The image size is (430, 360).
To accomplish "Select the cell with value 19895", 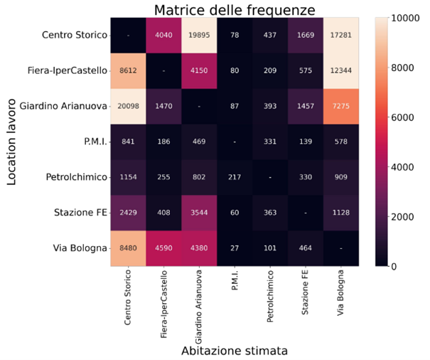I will [200, 35].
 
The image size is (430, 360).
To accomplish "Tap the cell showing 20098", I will [127, 105].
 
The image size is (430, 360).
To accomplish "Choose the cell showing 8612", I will [127, 70].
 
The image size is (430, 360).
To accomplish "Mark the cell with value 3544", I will [200, 212].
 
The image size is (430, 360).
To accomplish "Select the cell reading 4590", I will [163, 248].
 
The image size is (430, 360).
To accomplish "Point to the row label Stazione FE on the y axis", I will [79, 212].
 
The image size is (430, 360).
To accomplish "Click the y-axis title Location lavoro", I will [12, 142].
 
